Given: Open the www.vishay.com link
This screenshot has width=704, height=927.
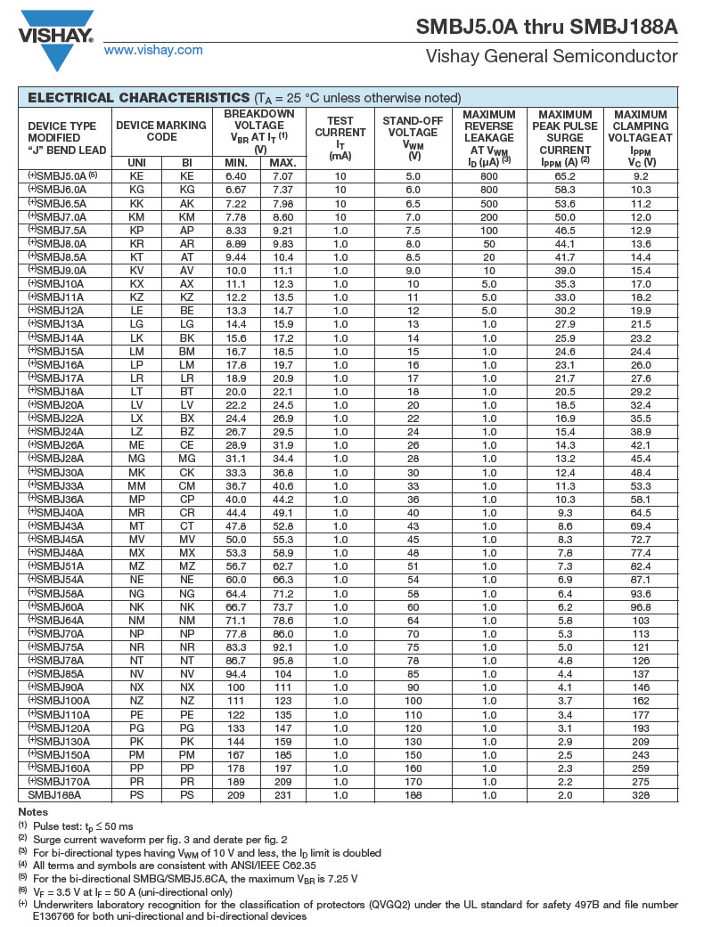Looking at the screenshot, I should pyautogui.click(x=153, y=50).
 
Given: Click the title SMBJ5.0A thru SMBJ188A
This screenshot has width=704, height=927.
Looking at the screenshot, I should pyautogui.click(x=546, y=27).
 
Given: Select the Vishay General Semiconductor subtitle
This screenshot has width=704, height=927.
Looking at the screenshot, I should pyautogui.click(x=552, y=57).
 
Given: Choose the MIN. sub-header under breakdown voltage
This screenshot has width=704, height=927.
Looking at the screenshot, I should pyautogui.click(x=235, y=163).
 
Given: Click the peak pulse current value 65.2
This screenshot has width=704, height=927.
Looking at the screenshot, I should pyautogui.click(x=565, y=176).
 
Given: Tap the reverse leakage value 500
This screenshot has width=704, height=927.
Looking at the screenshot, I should pyautogui.click(x=489, y=203).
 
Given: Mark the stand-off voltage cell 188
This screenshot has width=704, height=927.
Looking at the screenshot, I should pyautogui.click(x=413, y=795).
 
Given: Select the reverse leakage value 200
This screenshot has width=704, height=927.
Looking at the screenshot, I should pyautogui.click(x=489, y=216).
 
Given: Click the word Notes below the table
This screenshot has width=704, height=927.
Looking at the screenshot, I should pyautogui.click(x=34, y=811).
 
